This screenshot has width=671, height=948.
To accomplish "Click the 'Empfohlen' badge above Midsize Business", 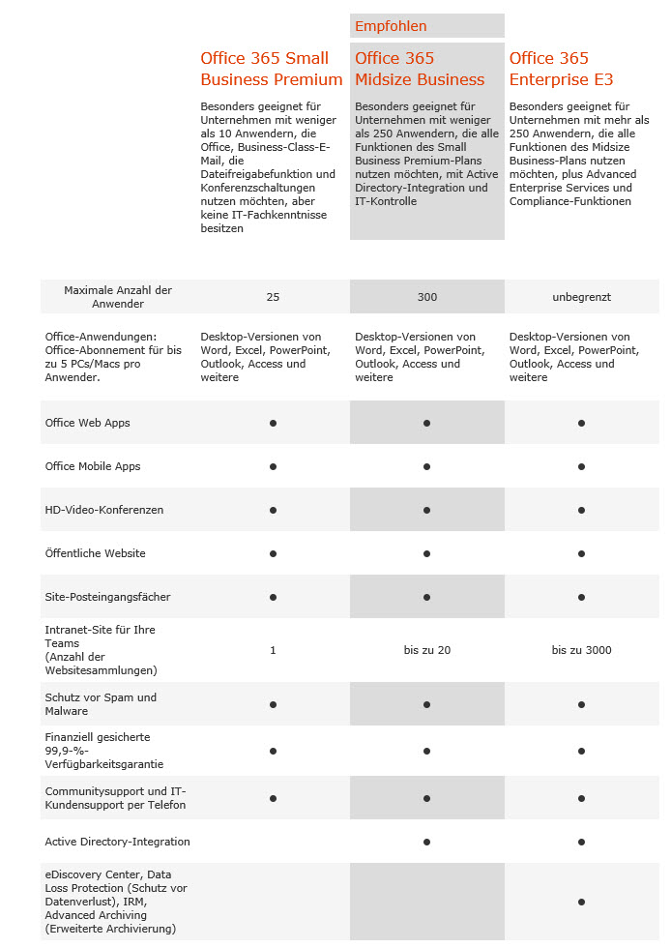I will [391, 26].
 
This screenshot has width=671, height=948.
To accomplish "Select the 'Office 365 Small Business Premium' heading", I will [272, 69].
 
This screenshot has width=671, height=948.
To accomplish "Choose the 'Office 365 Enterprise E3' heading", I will [562, 69].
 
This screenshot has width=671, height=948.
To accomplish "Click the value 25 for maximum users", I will [273, 297].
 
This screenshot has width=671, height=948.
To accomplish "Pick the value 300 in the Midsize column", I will [426, 297].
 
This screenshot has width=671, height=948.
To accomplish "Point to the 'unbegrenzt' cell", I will [581, 297].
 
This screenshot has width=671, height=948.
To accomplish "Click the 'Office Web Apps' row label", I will [88, 423].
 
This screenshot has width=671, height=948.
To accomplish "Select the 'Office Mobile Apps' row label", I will [93, 466].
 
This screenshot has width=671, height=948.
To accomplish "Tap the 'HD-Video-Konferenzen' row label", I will [104, 510].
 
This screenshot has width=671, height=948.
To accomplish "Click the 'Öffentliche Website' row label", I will [96, 553].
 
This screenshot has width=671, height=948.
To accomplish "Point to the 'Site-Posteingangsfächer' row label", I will [108, 597].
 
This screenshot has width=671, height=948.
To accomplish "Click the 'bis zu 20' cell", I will [426, 650].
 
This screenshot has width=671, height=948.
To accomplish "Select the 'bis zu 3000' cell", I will [581, 650].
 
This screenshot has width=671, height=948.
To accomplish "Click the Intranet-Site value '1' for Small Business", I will [273, 650].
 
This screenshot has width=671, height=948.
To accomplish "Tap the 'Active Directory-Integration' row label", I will [118, 842].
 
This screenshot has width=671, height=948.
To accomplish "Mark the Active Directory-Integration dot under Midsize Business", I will [426, 842].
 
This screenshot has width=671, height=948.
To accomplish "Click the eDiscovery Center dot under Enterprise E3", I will [581, 902].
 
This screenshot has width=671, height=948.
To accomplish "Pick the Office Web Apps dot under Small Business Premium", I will [273, 423].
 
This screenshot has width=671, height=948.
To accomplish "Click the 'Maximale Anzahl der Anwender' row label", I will [118, 297].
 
